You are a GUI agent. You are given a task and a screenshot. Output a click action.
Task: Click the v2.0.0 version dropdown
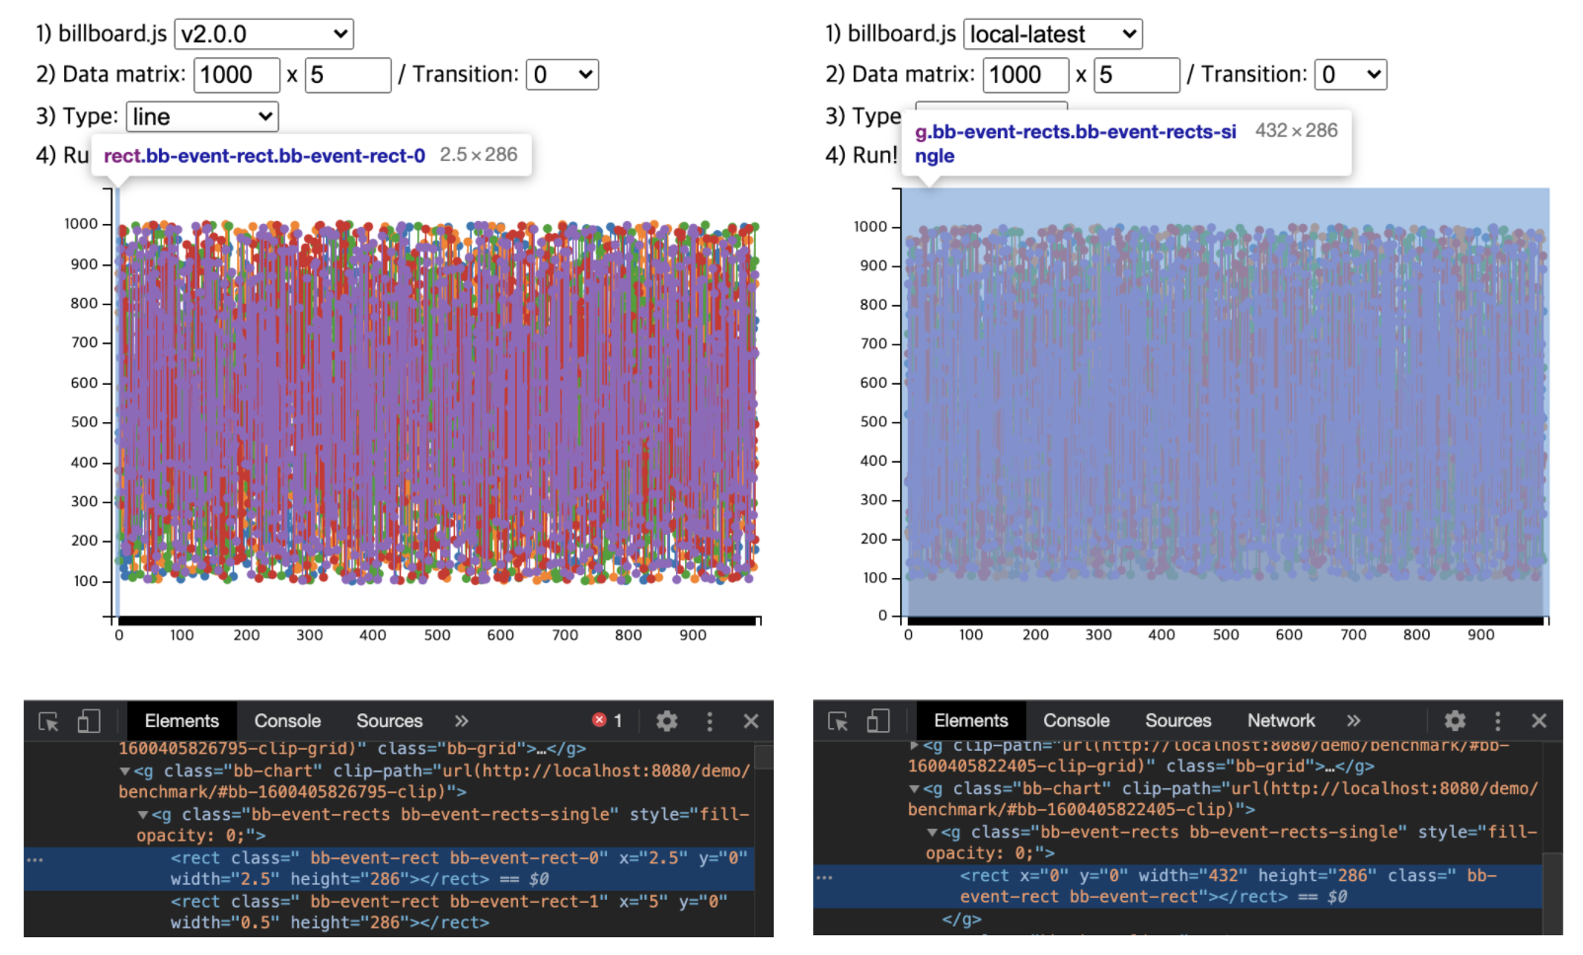tap(264, 35)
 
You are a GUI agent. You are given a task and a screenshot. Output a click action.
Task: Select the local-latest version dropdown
tap(1052, 35)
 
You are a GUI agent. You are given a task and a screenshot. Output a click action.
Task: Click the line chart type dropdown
tap(202, 116)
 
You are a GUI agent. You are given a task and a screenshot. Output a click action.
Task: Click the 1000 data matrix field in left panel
tap(237, 75)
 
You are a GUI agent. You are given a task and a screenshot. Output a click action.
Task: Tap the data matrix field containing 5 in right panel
tap(1136, 75)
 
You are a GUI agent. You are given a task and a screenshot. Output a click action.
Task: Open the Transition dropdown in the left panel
tap(563, 75)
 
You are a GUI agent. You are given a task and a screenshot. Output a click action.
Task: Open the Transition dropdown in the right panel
tap(1350, 75)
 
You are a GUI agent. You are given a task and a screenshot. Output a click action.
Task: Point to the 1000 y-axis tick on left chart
tap(81, 224)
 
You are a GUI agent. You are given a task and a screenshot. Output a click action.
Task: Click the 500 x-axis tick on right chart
tap(1226, 635)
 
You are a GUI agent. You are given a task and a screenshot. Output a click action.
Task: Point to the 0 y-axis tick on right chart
tap(883, 616)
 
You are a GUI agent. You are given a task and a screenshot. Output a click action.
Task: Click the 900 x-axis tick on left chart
tap(693, 635)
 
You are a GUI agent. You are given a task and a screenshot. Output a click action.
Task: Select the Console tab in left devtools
tap(287, 721)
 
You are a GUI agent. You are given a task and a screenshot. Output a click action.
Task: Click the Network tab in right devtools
tap(1280, 721)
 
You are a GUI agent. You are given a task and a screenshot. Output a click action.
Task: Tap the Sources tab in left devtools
tap(389, 721)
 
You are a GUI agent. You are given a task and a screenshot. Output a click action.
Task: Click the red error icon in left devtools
tap(599, 720)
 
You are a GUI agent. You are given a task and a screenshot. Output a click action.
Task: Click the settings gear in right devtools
tap(1455, 721)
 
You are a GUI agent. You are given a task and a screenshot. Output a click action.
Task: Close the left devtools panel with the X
tap(751, 721)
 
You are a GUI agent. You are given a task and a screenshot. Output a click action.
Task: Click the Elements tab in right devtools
tap(971, 721)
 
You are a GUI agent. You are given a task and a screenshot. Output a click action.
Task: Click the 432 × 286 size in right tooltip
tap(1296, 130)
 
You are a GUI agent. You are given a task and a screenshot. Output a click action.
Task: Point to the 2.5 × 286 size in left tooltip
tap(479, 155)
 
